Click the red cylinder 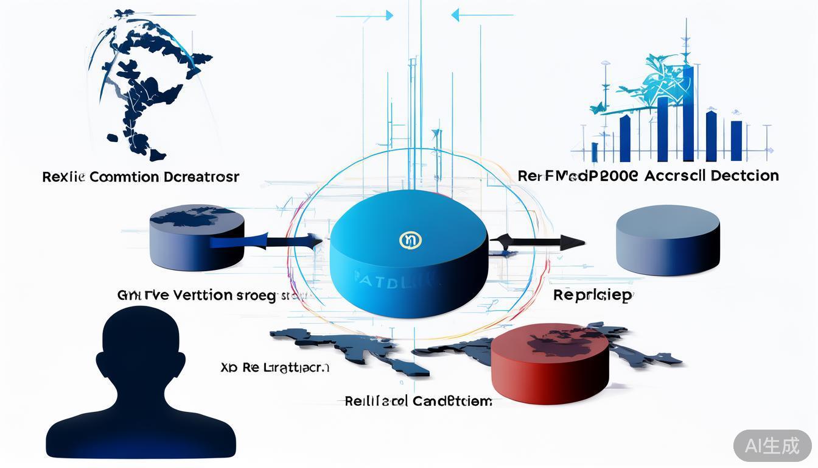(x=549, y=366)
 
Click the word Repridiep (x=593, y=296)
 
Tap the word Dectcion (x=737, y=176)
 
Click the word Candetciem (x=452, y=401)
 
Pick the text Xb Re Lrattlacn (x=274, y=368)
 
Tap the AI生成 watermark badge (x=772, y=445)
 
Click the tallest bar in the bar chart (x=688, y=113)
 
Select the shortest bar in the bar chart (x=595, y=152)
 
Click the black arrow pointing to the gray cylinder (x=539, y=243)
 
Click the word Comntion (x=125, y=177)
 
